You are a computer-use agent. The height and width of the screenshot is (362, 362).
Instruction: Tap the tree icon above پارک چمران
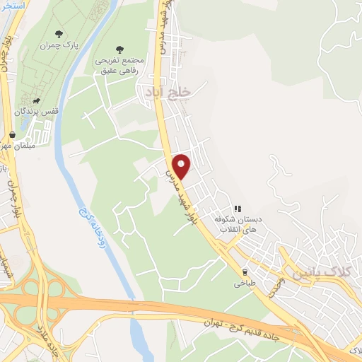coord(59,33)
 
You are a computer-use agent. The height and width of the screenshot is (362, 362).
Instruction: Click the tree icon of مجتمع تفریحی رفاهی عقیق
coord(119,49)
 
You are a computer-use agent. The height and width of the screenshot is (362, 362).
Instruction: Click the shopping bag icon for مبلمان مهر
coord(12,134)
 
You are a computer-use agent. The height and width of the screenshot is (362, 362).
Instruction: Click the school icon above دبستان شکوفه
coord(238,209)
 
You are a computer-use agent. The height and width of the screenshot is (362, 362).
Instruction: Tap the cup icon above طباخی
coord(245,271)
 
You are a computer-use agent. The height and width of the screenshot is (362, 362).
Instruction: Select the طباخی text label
coord(245,283)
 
